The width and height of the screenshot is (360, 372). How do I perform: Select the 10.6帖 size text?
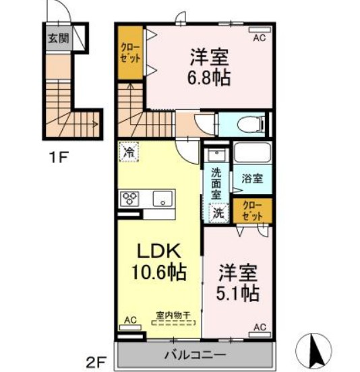tap(158, 272)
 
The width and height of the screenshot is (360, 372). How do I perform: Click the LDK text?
tap(158, 251)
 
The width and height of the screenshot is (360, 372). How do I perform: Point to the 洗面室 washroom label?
tap(216, 182)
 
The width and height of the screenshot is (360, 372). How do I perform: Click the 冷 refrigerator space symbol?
tap(128, 153)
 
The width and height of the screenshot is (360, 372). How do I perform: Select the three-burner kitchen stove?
tap(129, 198)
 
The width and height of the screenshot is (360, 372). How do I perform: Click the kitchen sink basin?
tap(162, 198)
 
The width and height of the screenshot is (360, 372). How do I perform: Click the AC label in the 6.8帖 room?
tap(258, 38)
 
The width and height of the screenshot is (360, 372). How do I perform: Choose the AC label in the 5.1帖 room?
tap(259, 327)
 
